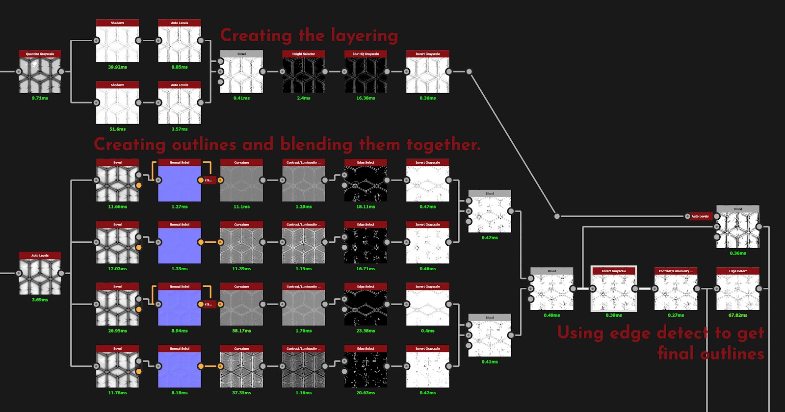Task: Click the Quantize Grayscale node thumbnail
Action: pyautogui.click(x=40, y=75)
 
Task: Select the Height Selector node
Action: pyautogui.click(x=304, y=75)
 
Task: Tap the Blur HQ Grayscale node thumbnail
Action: pyautogui.click(x=366, y=75)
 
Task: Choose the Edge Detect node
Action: pyautogui.click(x=737, y=292)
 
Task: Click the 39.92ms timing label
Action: pyautogui.click(x=117, y=67)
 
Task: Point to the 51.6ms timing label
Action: pyautogui.click(x=117, y=129)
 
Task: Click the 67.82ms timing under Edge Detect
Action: pyautogui.click(x=737, y=315)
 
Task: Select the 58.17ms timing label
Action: pyautogui.click(x=241, y=331)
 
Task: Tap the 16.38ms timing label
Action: pyautogui.click(x=366, y=98)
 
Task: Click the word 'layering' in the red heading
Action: pyautogui.click(x=364, y=36)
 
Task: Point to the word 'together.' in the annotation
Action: pyautogui.click(x=444, y=145)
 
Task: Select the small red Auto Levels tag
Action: pyautogui.click(x=700, y=216)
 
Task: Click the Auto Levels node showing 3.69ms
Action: pyautogui.click(x=40, y=276)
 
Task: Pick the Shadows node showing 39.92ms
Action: pyautogui.click(x=117, y=44)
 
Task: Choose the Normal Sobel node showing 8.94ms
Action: pyautogui.click(x=180, y=308)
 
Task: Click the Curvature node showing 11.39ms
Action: pyautogui.click(x=241, y=245)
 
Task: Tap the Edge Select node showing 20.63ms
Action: pyautogui.click(x=366, y=369)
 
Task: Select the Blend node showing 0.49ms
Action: pyautogui.click(x=551, y=292)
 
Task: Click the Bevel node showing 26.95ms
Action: pyautogui.click(x=117, y=308)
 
